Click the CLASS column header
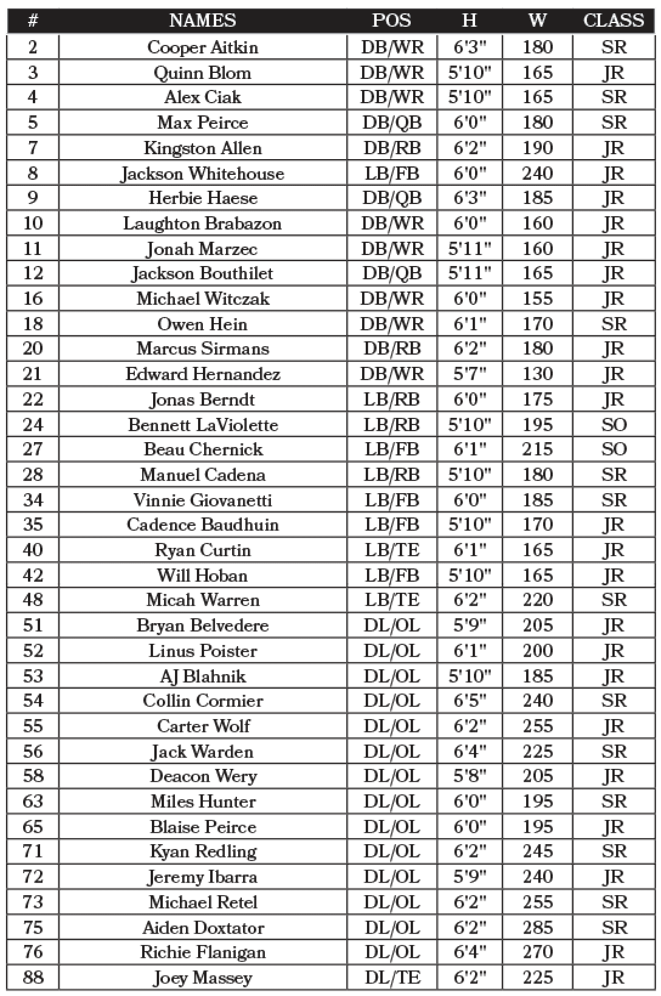613,20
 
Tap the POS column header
391,20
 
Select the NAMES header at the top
202,20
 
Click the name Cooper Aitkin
202,47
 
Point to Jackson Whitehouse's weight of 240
537,174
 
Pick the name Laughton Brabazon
202,223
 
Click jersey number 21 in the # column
33,373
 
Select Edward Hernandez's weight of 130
537,373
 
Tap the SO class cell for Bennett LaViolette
613,424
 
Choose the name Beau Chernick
202,449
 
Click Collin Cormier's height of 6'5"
469,700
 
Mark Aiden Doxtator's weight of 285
537,927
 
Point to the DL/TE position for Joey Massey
391,977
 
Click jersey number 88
33,977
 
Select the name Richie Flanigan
202,952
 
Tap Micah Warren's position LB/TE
391,600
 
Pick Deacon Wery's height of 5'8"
469,776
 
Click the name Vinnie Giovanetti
202,500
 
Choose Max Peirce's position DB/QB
391,122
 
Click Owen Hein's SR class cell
613,324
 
